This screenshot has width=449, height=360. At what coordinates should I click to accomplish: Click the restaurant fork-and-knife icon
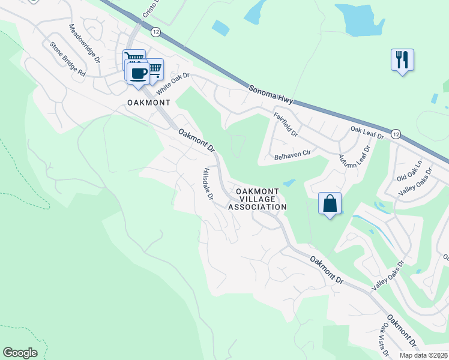pos(402,60)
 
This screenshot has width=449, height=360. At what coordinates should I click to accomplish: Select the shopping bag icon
pos(330,203)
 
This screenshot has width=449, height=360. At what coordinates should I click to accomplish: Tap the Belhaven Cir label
pos(292,154)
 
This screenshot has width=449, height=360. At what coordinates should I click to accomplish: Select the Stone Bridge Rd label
pos(68,58)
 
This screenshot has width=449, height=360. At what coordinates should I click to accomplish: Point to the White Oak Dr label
pos(173,84)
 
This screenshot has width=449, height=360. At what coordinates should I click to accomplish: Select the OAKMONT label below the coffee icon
pos(149,103)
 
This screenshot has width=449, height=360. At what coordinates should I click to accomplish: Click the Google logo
pos(20,353)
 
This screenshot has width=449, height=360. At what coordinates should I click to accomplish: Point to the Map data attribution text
pos(423,355)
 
